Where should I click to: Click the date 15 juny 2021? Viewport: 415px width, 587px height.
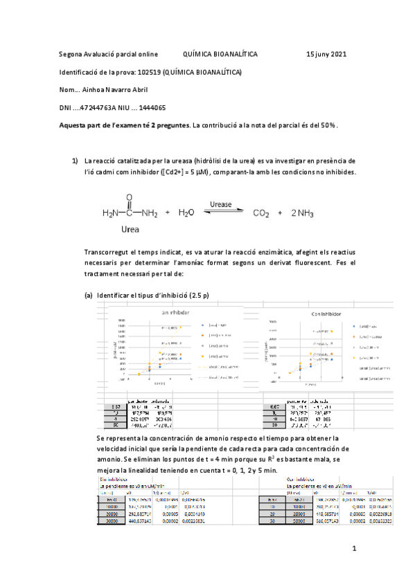[327, 54]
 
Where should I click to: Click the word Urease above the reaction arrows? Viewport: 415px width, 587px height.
[220, 205]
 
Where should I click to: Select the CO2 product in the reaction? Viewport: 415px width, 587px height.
[260, 214]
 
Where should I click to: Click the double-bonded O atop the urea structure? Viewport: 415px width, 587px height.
[129, 197]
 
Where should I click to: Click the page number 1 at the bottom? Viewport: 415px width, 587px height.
[353, 550]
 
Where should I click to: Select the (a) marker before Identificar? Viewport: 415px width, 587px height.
[89, 295]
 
